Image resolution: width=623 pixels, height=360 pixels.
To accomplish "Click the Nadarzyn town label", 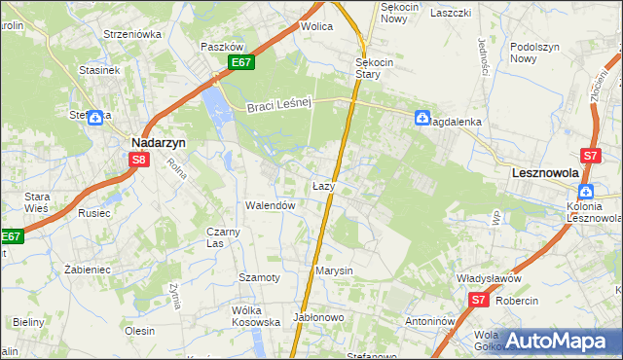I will pyautogui.click(x=159, y=141).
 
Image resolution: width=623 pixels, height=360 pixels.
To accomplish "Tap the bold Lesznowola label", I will pyautogui.click(x=545, y=172).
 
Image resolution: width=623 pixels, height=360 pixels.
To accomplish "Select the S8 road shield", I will pyautogui.click(x=139, y=161).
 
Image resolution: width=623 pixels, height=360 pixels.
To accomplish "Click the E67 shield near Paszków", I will pyautogui.click(x=243, y=63).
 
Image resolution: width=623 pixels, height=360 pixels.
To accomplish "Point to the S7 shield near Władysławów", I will pyautogui.click(x=478, y=301).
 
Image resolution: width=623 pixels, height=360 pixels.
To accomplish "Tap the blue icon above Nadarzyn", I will pyautogui.click(x=95, y=119).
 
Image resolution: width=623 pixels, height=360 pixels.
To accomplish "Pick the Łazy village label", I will pyautogui.click(x=324, y=185).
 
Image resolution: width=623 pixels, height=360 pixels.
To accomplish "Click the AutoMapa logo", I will pyautogui.click(x=556, y=341).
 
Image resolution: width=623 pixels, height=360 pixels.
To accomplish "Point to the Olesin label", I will pyautogui.click(x=140, y=331).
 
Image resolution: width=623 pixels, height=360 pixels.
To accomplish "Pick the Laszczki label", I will pyautogui.click(x=451, y=13).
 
